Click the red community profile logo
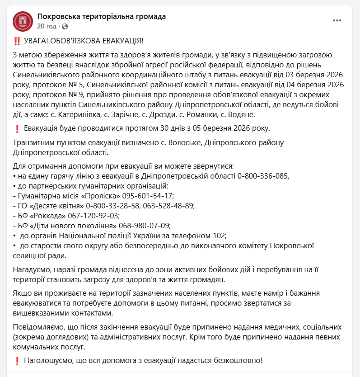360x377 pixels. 23,21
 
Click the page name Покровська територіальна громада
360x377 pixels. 102,17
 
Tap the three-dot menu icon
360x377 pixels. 337,21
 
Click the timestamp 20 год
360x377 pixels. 47,26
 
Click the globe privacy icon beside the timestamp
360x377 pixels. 65,27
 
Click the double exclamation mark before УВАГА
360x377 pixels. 17,41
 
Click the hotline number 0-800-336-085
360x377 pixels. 262,176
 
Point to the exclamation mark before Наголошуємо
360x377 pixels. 17,361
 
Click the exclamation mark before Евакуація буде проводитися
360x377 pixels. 17,129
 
